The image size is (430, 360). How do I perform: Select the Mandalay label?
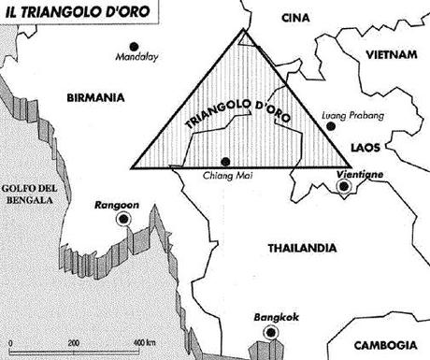click(x=136, y=58)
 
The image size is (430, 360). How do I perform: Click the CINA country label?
click(x=297, y=17)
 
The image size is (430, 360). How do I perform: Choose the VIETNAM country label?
click(x=391, y=54)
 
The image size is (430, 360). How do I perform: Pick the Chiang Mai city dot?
click(x=225, y=160)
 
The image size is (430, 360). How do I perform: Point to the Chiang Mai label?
click(x=225, y=174)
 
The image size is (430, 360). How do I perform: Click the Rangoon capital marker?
click(x=122, y=218)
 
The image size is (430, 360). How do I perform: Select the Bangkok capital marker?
click(x=270, y=332)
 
